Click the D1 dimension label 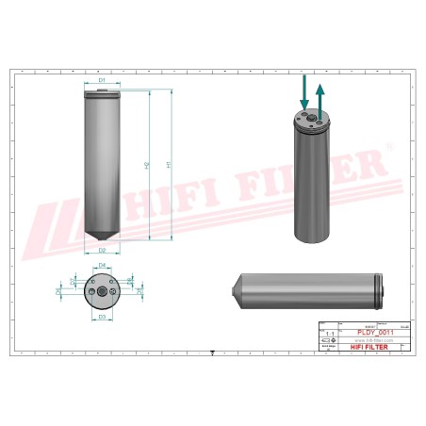101,81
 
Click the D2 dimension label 101,251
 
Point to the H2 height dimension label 147,165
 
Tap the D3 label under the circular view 102,317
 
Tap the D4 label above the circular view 102,266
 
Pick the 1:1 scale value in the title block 328,334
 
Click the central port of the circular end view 101,291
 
